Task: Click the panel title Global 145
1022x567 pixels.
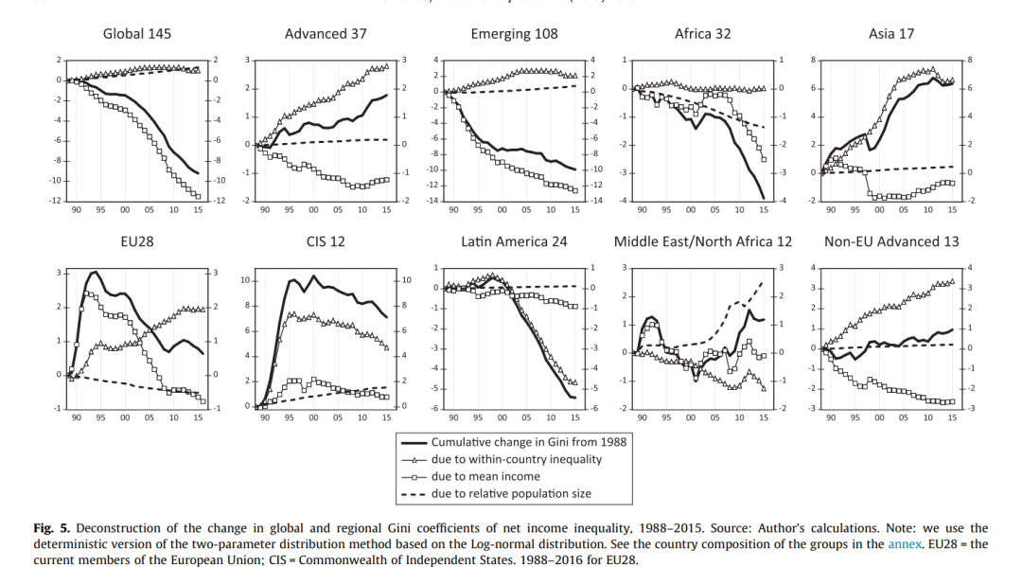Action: click(136, 34)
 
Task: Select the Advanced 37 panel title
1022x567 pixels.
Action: click(326, 34)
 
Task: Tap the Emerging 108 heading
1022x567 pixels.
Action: click(514, 34)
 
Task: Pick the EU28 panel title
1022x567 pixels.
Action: click(137, 241)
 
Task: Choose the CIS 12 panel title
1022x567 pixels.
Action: click(326, 241)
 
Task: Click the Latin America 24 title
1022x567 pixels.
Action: click(514, 241)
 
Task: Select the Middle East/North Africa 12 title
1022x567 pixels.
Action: click(702, 241)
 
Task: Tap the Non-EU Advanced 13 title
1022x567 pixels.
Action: click(890, 241)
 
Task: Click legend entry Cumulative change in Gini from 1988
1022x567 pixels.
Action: click(529, 442)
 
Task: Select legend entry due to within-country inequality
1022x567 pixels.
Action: click(516, 459)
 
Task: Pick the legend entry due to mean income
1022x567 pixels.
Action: click(486, 476)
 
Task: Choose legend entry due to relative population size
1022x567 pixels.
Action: click(516, 493)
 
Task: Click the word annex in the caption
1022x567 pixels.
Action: click(902, 544)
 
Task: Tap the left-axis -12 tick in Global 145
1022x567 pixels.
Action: click(57, 201)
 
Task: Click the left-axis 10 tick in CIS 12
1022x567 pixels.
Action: click(246, 281)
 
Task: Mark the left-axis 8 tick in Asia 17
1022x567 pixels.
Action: click(813, 61)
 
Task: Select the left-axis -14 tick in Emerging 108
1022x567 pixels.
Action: click(434, 201)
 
